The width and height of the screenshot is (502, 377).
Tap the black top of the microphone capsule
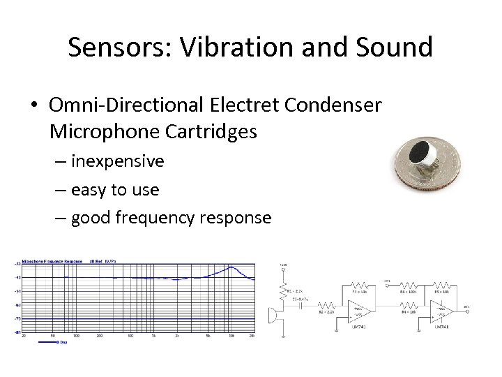[421, 151]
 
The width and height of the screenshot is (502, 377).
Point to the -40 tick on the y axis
[17, 278]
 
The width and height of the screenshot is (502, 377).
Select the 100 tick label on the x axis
[76, 337]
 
